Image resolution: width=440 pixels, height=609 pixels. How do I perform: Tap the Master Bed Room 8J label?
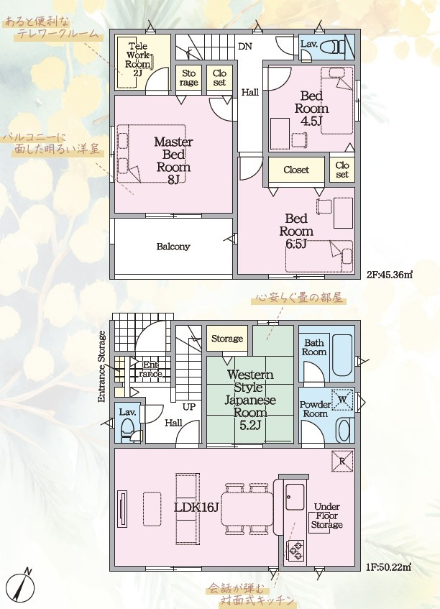click(173, 160)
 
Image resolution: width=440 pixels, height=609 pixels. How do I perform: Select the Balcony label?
click(173, 247)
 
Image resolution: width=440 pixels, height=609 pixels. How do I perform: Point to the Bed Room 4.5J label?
click(311, 109)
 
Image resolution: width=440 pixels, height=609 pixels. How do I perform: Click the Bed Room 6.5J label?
click(296, 231)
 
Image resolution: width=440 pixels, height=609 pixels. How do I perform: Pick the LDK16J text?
click(196, 507)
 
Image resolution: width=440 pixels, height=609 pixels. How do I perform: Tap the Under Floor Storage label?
click(326, 516)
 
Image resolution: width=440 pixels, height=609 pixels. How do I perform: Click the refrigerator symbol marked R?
click(342, 462)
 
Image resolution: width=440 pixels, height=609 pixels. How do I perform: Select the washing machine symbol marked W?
click(342, 400)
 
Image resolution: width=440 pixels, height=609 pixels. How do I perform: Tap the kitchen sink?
click(295, 497)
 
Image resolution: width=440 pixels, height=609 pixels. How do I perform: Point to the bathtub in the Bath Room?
click(342, 355)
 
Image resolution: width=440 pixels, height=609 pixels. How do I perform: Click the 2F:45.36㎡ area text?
click(389, 275)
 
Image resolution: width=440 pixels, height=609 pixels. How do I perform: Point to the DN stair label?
click(245, 47)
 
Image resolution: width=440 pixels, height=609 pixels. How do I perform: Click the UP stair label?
click(189, 407)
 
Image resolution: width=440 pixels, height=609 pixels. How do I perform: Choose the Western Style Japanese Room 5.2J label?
click(250, 400)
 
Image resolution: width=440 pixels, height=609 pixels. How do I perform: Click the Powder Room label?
click(316, 409)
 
